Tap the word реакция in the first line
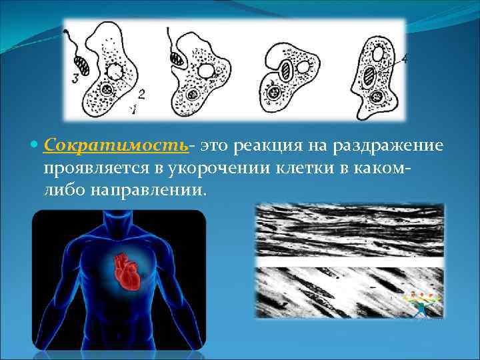click(263, 145)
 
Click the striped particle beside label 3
click(83, 66)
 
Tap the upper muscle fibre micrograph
click(350, 230)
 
